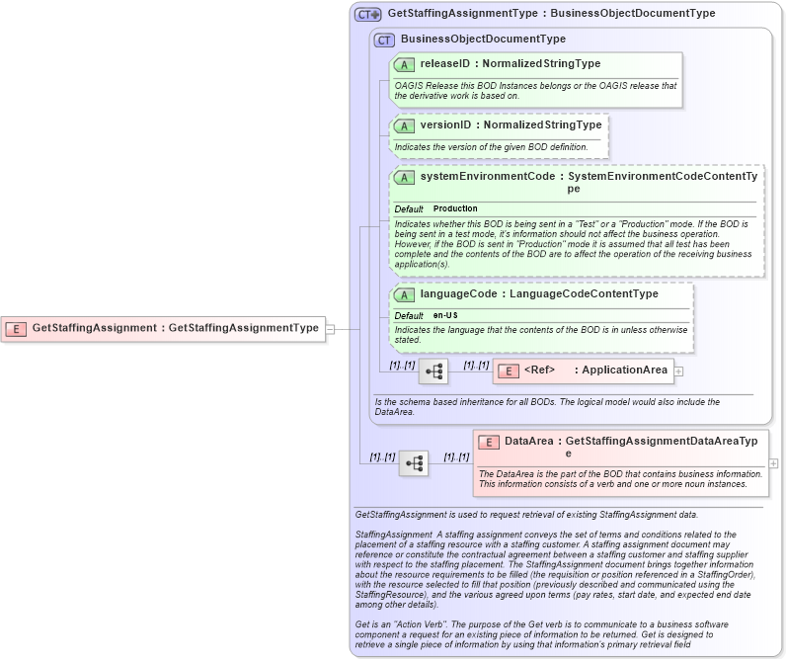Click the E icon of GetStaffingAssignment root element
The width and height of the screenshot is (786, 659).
click(16, 328)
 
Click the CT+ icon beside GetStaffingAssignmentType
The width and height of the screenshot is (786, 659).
click(368, 15)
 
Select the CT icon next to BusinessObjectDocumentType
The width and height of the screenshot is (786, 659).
click(384, 40)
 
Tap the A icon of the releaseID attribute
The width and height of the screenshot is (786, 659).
click(404, 64)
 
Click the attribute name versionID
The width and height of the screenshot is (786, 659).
click(445, 125)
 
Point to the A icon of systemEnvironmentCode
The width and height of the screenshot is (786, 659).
click(404, 178)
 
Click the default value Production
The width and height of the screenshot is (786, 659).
click(455, 208)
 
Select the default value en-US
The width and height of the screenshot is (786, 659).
click(445, 315)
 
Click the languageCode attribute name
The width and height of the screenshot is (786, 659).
click(457, 293)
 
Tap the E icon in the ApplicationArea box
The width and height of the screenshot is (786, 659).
click(508, 371)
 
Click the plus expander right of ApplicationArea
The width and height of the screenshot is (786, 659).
click(678, 371)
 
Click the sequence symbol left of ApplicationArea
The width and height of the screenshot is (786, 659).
click(433, 371)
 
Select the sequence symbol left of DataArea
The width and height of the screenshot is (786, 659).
click(414, 462)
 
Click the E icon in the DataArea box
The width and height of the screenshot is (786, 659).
click(488, 442)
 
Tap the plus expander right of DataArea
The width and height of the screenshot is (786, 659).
click(773, 462)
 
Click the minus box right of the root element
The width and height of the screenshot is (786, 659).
click(331, 328)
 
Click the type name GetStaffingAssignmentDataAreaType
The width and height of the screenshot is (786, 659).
click(661, 442)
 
